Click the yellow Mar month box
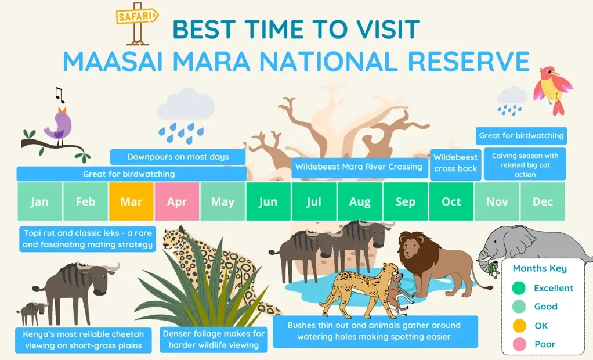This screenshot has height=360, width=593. click(131, 201)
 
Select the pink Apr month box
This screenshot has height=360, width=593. click(177, 201)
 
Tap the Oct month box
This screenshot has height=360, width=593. click(451, 201)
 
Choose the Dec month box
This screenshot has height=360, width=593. click(543, 201)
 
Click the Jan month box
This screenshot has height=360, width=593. click(39, 201)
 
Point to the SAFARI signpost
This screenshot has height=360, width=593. click(137, 23)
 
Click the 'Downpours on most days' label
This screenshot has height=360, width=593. click(178, 157)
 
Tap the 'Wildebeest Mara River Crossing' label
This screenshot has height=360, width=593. click(359, 167)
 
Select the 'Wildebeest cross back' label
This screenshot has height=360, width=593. click(455, 163)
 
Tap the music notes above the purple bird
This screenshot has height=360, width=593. click(59, 94)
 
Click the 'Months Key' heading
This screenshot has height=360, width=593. click(540, 268)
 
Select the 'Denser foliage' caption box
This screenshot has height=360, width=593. click(214, 339)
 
